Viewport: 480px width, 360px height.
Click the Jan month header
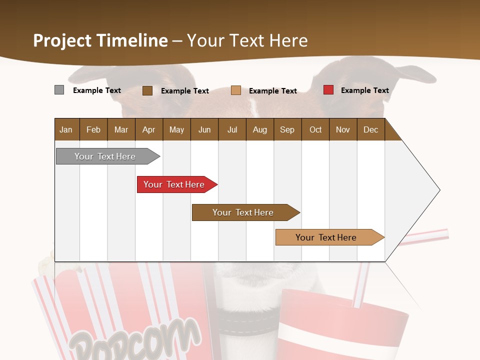tap(66, 129)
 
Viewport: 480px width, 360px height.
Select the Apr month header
tap(148, 129)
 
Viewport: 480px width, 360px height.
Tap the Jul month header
tap(232, 129)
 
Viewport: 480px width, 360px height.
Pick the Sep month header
tap(287, 129)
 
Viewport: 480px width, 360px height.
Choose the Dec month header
tap(370, 129)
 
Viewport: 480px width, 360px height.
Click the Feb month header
tap(93, 129)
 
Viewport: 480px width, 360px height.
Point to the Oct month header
tap(315, 129)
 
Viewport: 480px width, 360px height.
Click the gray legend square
tap(59, 90)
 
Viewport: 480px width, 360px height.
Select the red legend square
tap(328, 90)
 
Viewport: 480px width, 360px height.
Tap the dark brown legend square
tap(147, 90)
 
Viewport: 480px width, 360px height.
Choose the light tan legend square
tap(236, 90)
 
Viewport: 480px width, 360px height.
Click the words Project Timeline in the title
tap(100, 40)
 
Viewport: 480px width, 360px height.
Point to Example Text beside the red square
tap(364, 90)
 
